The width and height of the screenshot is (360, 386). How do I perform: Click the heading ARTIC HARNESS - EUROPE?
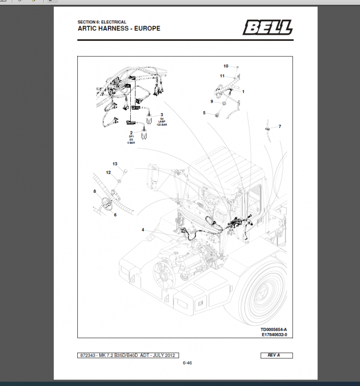point(119,29)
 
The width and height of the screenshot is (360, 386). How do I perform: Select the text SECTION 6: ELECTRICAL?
point(102,22)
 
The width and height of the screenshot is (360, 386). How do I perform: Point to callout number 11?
point(222,76)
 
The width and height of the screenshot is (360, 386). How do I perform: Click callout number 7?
point(280,127)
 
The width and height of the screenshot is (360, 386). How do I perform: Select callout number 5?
point(204,113)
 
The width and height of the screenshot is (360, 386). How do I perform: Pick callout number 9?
point(211,101)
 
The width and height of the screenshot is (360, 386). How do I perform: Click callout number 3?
point(162,114)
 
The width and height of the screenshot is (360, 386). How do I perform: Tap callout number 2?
point(132,133)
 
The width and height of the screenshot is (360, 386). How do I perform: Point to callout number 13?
point(115,164)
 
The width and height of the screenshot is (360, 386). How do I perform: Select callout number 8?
point(95,191)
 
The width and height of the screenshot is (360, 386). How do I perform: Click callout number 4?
point(143,229)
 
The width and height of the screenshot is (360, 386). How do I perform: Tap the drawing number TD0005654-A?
point(274,329)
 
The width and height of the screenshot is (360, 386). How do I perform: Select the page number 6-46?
point(187,363)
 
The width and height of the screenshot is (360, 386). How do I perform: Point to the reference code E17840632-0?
point(274,334)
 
